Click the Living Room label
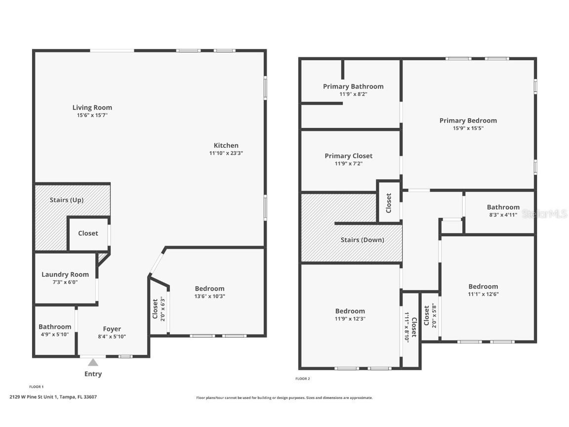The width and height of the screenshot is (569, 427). pos(92,107)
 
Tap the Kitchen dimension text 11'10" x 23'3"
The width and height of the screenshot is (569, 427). pos(226,153)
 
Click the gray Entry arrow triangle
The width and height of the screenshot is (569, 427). pos(93,362)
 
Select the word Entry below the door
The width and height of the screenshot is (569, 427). pos(93,374)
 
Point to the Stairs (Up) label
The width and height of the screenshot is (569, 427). pos(66,200)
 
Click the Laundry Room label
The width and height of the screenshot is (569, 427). pos(65,274)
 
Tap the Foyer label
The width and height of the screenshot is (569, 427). pos(112,329)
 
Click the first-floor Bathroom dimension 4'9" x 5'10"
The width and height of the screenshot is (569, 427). pos(55,335)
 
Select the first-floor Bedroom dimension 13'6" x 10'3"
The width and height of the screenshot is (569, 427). pos(209,297)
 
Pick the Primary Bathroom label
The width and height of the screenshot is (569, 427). pos(353,86)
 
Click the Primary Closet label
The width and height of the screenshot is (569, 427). pos(348,156)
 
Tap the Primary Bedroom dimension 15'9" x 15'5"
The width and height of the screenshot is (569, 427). pos(468,128)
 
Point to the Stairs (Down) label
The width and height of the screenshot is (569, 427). pos(362,240)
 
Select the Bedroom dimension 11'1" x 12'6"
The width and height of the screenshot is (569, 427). pos(483,294)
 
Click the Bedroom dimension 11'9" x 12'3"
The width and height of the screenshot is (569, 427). pos(350,319)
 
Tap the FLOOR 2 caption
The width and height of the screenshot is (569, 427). pos(302,379)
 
